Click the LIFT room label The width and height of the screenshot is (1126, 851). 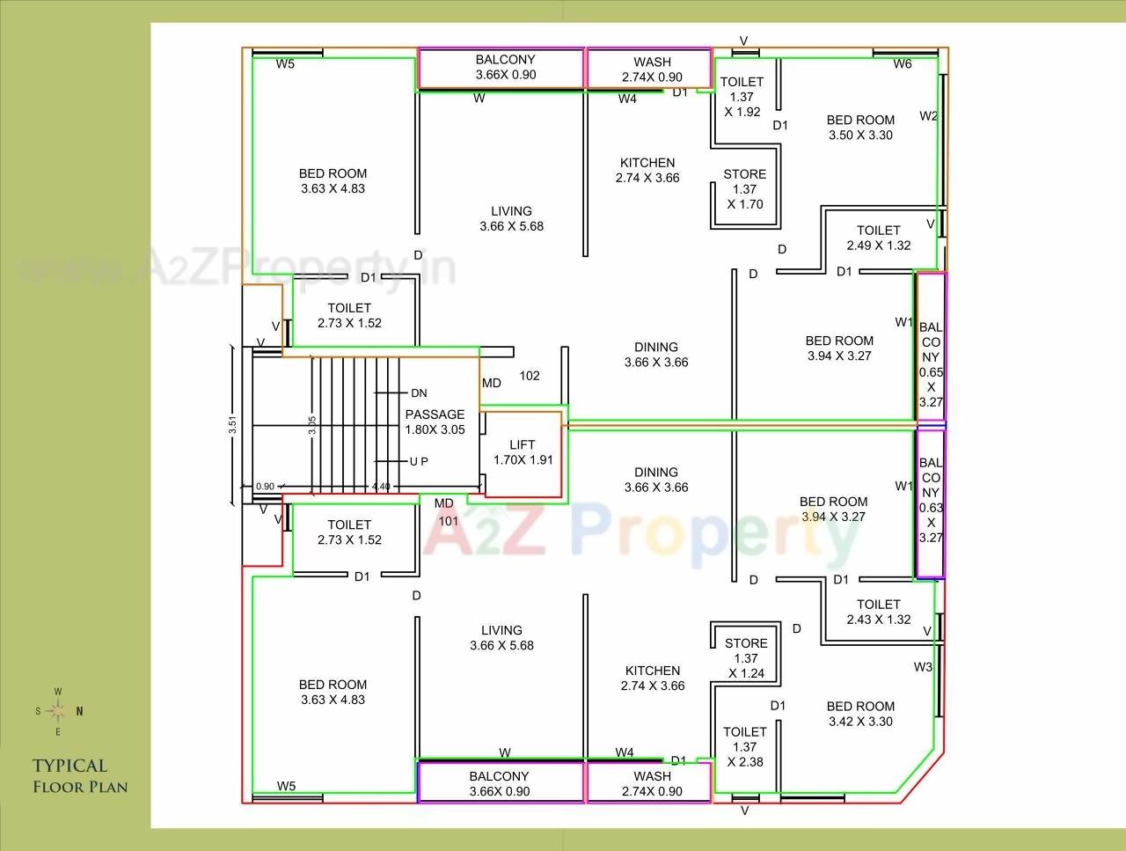coord(523,452)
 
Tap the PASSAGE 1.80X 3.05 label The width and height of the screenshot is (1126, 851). coord(435,422)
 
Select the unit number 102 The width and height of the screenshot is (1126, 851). coord(530,376)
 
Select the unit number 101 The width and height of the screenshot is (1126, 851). coord(449,520)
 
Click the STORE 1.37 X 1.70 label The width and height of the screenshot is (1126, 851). coord(745,189)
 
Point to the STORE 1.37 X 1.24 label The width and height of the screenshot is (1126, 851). coord(746,658)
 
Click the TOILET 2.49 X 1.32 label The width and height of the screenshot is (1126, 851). coord(879,238)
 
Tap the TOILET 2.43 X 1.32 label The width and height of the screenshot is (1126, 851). coord(879,612)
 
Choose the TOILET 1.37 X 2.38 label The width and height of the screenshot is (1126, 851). coord(745,746)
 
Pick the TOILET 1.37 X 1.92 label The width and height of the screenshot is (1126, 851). coord(742,97)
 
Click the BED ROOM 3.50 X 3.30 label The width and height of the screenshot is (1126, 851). coord(860,128)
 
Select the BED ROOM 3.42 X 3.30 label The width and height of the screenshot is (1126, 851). coord(860,714)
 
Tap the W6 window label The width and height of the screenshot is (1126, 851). coord(903,63)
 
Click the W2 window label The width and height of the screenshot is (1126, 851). coord(929,116)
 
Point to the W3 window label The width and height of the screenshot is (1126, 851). coord(923,667)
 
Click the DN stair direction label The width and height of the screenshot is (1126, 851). coord(419,393)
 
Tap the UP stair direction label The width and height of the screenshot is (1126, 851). coord(419,462)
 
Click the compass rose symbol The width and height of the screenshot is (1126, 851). coord(58,711)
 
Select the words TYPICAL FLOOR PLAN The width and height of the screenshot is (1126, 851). coord(80,776)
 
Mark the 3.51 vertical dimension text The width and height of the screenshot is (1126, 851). coord(232,424)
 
